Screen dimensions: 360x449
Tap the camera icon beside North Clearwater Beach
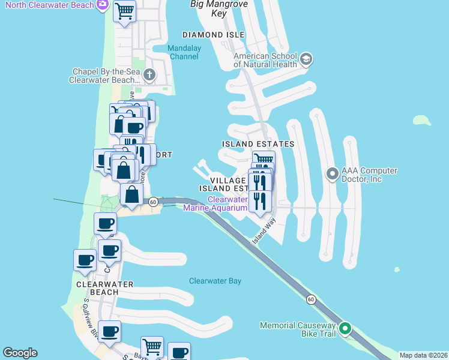tap(103, 5)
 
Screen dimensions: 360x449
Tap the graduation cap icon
tap(306, 59)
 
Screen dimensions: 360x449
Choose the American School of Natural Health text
tap(265, 60)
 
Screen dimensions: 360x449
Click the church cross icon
tap(149, 75)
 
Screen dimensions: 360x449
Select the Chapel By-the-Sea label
tap(104, 76)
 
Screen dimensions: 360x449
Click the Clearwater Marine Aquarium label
tap(228, 204)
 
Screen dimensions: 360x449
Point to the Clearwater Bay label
tap(215, 281)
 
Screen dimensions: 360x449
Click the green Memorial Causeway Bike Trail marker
tap(345, 328)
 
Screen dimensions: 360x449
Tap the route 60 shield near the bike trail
tap(310, 299)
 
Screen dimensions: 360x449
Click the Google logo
tap(20, 353)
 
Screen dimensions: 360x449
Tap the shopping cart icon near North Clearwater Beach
tap(124, 11)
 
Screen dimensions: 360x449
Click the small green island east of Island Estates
tap(422, 120)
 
